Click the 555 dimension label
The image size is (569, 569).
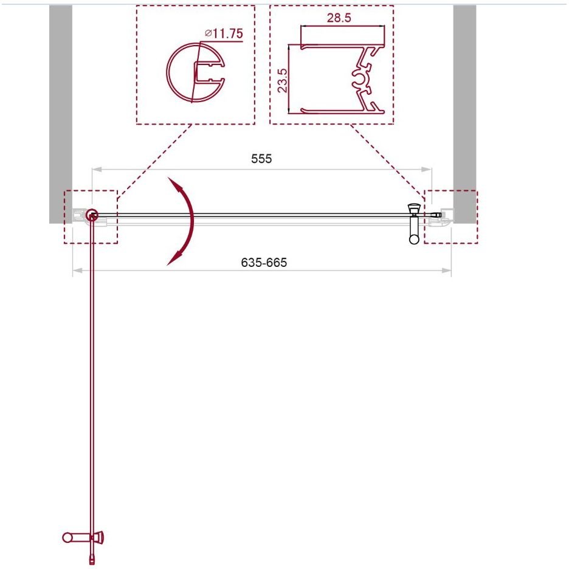[x=261, y=159]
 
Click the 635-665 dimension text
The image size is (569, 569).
[x=264, y=262]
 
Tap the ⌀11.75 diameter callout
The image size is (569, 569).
[x=224, y=33]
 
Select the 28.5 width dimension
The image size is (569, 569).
[x=339, y=18]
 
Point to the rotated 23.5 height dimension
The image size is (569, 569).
[x=283, y=80]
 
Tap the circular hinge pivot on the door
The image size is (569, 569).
[x=92, y=215]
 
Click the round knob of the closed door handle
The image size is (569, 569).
[x=414, y=239]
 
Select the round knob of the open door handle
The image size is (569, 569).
[x=67, y=537]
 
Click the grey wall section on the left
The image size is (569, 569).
[x=61, y=114]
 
